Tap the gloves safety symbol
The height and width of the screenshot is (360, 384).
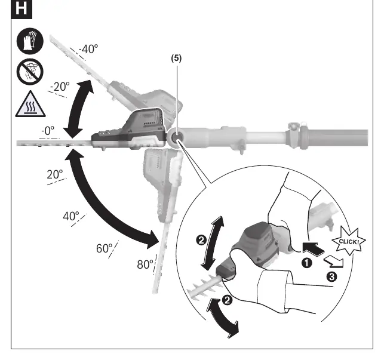[x=30, y=41]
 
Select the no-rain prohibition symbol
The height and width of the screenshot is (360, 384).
[x=30, y=72]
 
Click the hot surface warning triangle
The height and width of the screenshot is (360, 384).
[x=30, y=104]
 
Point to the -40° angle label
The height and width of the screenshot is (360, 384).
[x=88, y=49]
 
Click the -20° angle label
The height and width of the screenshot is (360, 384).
[x=60, y=87]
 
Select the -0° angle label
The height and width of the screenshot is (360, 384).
[x=48, y=131]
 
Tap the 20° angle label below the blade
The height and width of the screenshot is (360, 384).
[x=55, y=174]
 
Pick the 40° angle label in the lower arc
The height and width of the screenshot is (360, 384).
[x=71, y=216]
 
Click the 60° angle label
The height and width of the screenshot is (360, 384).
[x=105, y=248]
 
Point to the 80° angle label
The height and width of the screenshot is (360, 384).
[x=145, y=264]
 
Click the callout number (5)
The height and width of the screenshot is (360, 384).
[x=176, y=59]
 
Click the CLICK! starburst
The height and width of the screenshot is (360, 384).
[x=349, y=241]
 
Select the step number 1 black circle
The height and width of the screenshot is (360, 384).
[x=306, y=263]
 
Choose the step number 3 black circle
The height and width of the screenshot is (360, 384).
[x=332, y=277]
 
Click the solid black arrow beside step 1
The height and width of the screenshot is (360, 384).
[x=313, y=249]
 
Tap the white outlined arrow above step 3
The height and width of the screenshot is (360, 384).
[x=334, y=262]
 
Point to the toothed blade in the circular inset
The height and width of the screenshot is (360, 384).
[x=204, y=287]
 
